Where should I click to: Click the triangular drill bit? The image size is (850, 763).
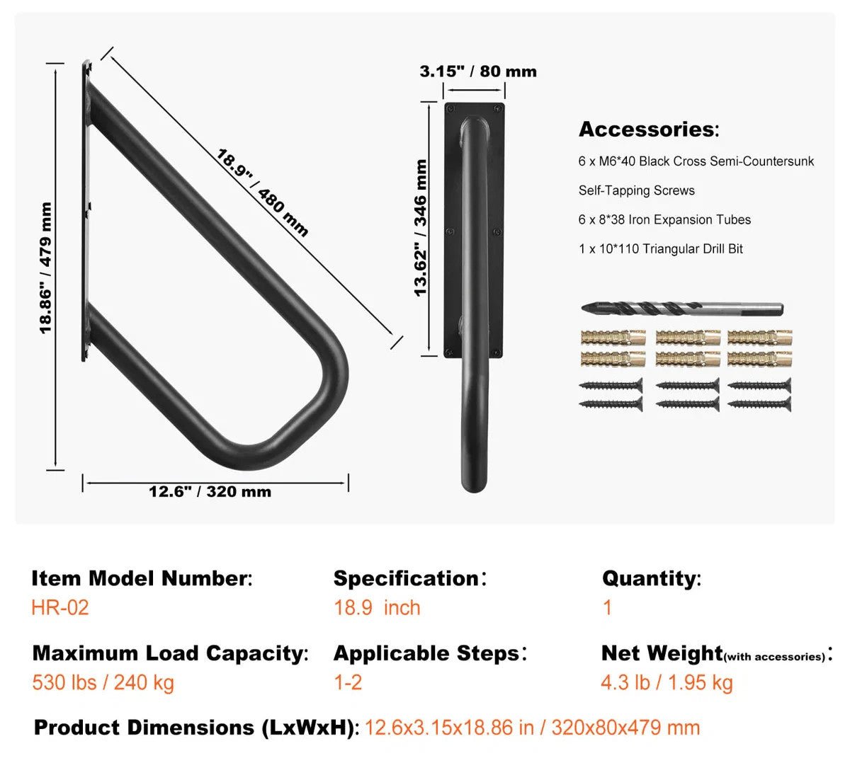click(681, 309)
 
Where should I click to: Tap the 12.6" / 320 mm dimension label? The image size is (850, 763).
click(210, 492)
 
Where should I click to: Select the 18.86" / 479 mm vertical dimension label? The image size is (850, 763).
click(45, 268)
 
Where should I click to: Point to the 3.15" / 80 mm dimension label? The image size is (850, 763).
click(478, 71)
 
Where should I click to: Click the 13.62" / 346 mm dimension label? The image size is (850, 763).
click(421, 228)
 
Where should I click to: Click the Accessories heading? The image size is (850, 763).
click(648, 130)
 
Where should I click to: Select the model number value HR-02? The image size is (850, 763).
click(60, 608)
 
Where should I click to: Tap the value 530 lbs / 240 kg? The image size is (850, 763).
click(103, 683)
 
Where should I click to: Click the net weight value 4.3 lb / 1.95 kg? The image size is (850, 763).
click(667, 683)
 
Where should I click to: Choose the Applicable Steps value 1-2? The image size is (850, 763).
click(348, 683)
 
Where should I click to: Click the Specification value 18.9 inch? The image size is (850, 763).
click(377, 608)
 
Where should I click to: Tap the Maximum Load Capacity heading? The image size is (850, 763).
click(170, 653)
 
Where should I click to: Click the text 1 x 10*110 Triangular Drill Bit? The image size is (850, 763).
click(660, 249)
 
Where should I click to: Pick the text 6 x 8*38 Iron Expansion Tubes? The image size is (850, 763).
click(664, 220)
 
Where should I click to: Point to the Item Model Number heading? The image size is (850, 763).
click(141, 579)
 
